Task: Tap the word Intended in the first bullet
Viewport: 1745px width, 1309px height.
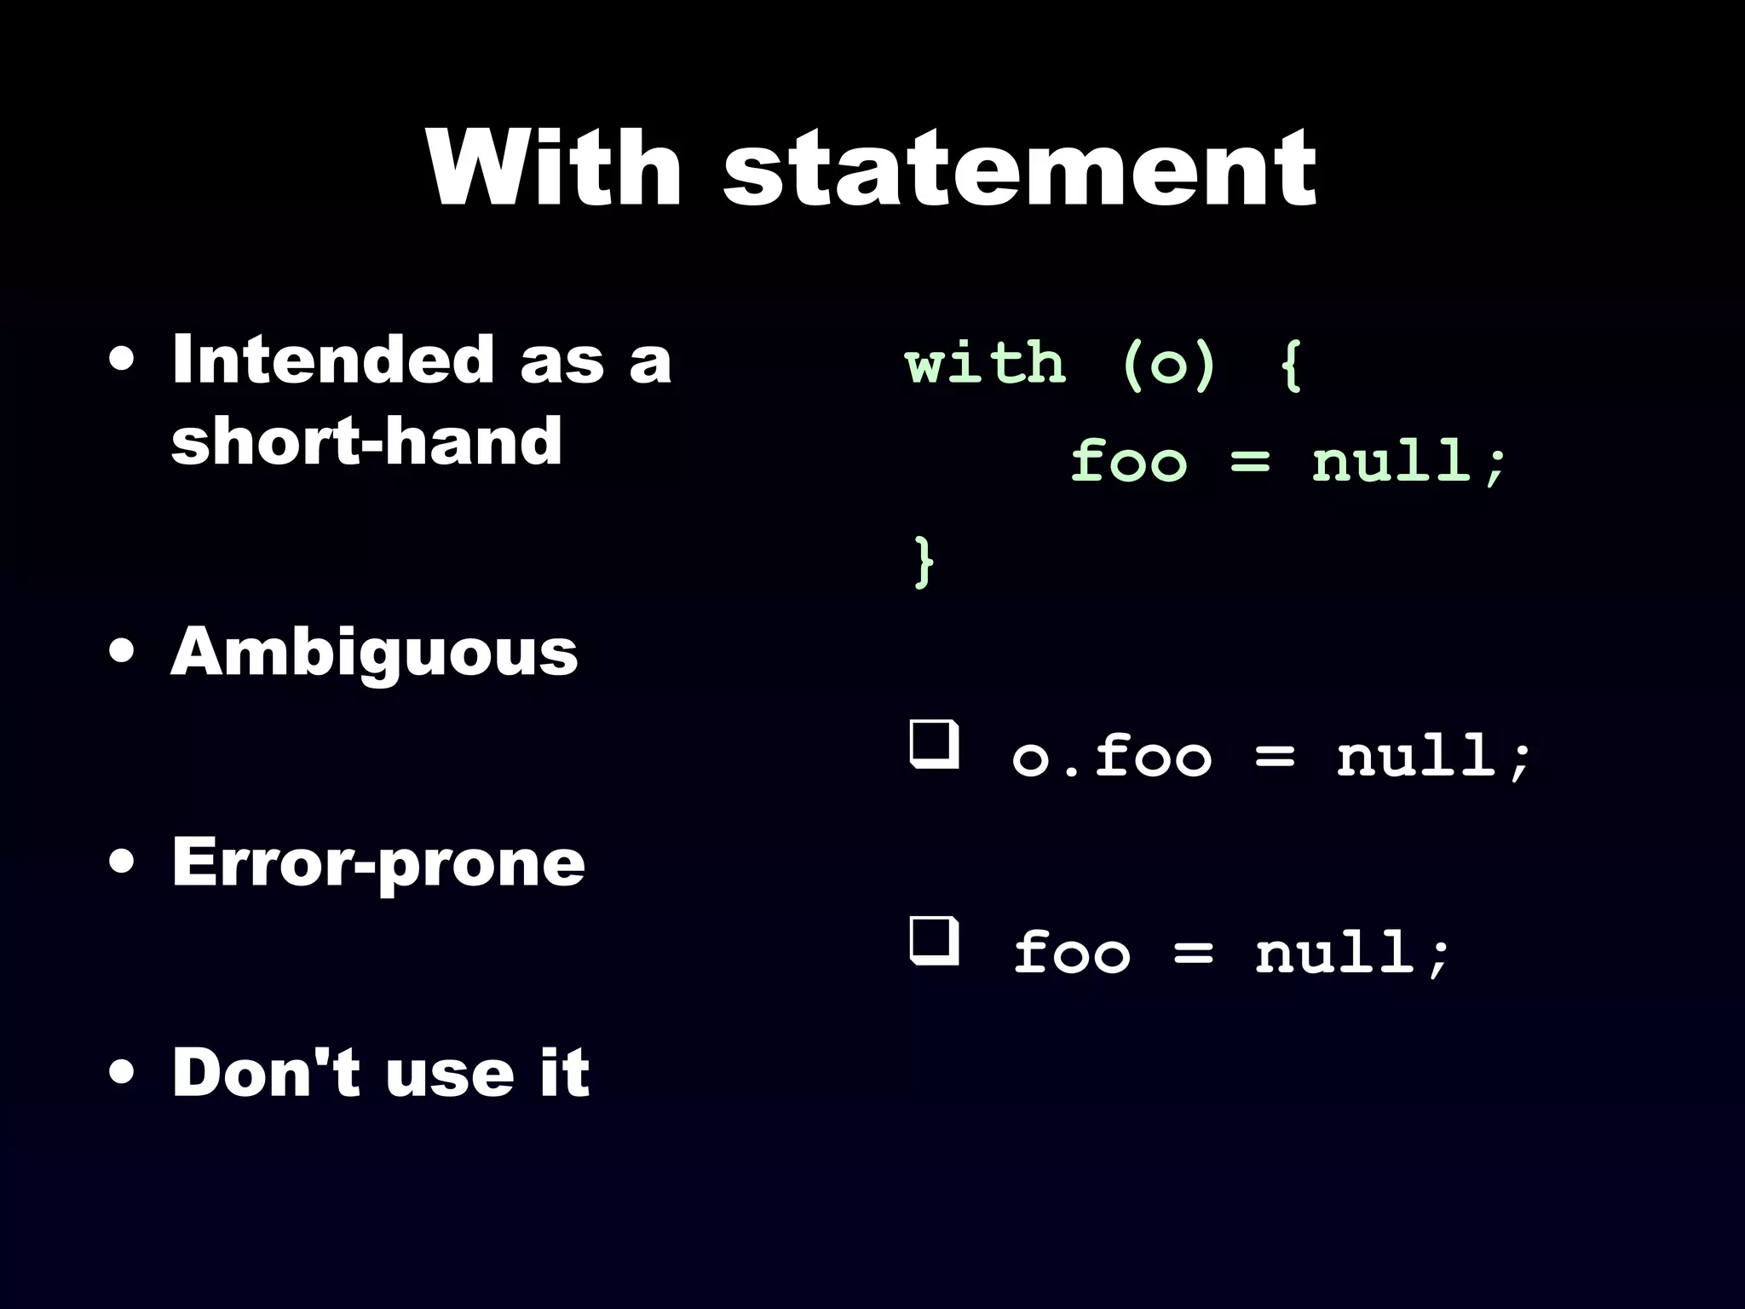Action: [x=333, y=360]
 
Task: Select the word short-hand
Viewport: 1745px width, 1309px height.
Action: [x=366, y=441]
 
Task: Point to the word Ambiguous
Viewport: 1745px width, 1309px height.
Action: [x=374, y=653]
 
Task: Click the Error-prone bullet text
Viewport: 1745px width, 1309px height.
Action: [x=378, y=862]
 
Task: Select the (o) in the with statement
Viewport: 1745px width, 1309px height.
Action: [x=1168, y=365]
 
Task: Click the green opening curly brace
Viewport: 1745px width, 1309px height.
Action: [x=1292, y=365]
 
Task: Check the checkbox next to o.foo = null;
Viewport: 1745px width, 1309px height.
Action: [x=934, y=746]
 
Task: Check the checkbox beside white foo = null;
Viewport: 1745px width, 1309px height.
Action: [x=934, y=942]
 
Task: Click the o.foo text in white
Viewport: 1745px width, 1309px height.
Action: [x=1111, y=757]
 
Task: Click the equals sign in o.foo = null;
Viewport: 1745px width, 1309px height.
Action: [x=1275, y=758]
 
